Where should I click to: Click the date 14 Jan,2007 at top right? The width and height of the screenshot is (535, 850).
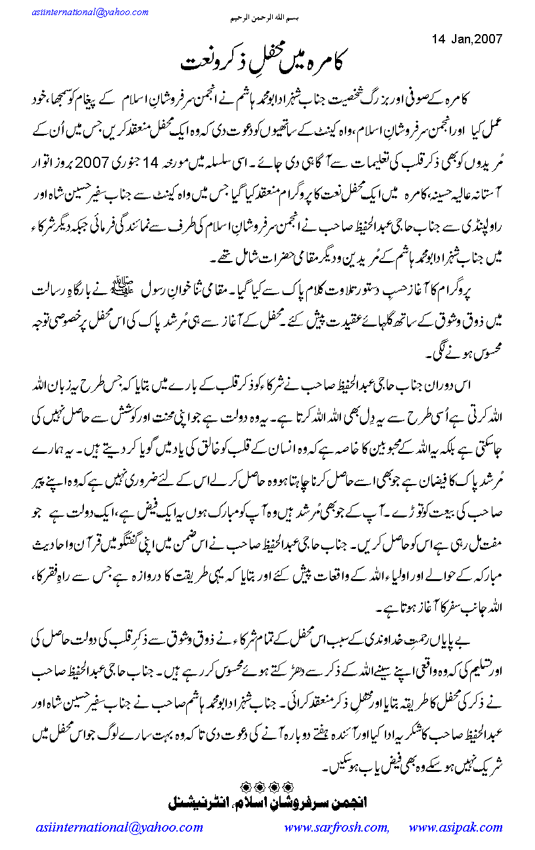(x=467, y=38)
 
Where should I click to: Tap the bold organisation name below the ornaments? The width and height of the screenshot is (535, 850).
(x=267, y=801)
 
